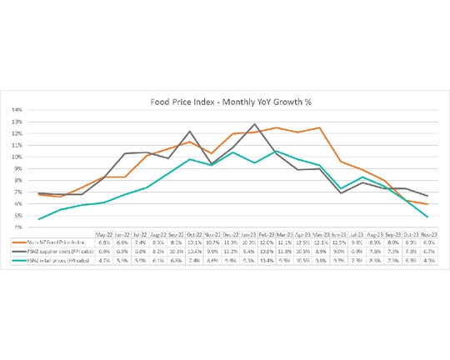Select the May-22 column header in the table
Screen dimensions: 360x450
coord(105,233)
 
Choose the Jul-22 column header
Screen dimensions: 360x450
coord(141,233)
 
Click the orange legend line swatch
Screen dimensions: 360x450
coord(21,242)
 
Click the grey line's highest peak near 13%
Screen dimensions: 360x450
coord(253,124)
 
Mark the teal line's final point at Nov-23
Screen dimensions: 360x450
coord(428,217)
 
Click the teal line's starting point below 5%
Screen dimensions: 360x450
coord(39,219)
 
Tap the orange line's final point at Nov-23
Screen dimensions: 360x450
coord(428,203)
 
